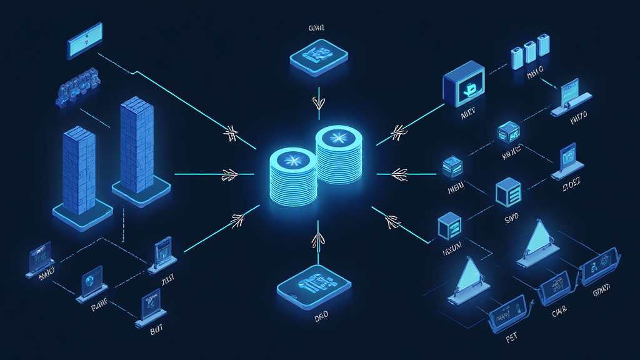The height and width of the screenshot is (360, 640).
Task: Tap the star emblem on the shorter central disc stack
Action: (x=293, y=160)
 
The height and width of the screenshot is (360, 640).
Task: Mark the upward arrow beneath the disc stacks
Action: (x=317, y=239)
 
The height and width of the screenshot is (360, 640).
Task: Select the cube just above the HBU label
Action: (x=451, y=167)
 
